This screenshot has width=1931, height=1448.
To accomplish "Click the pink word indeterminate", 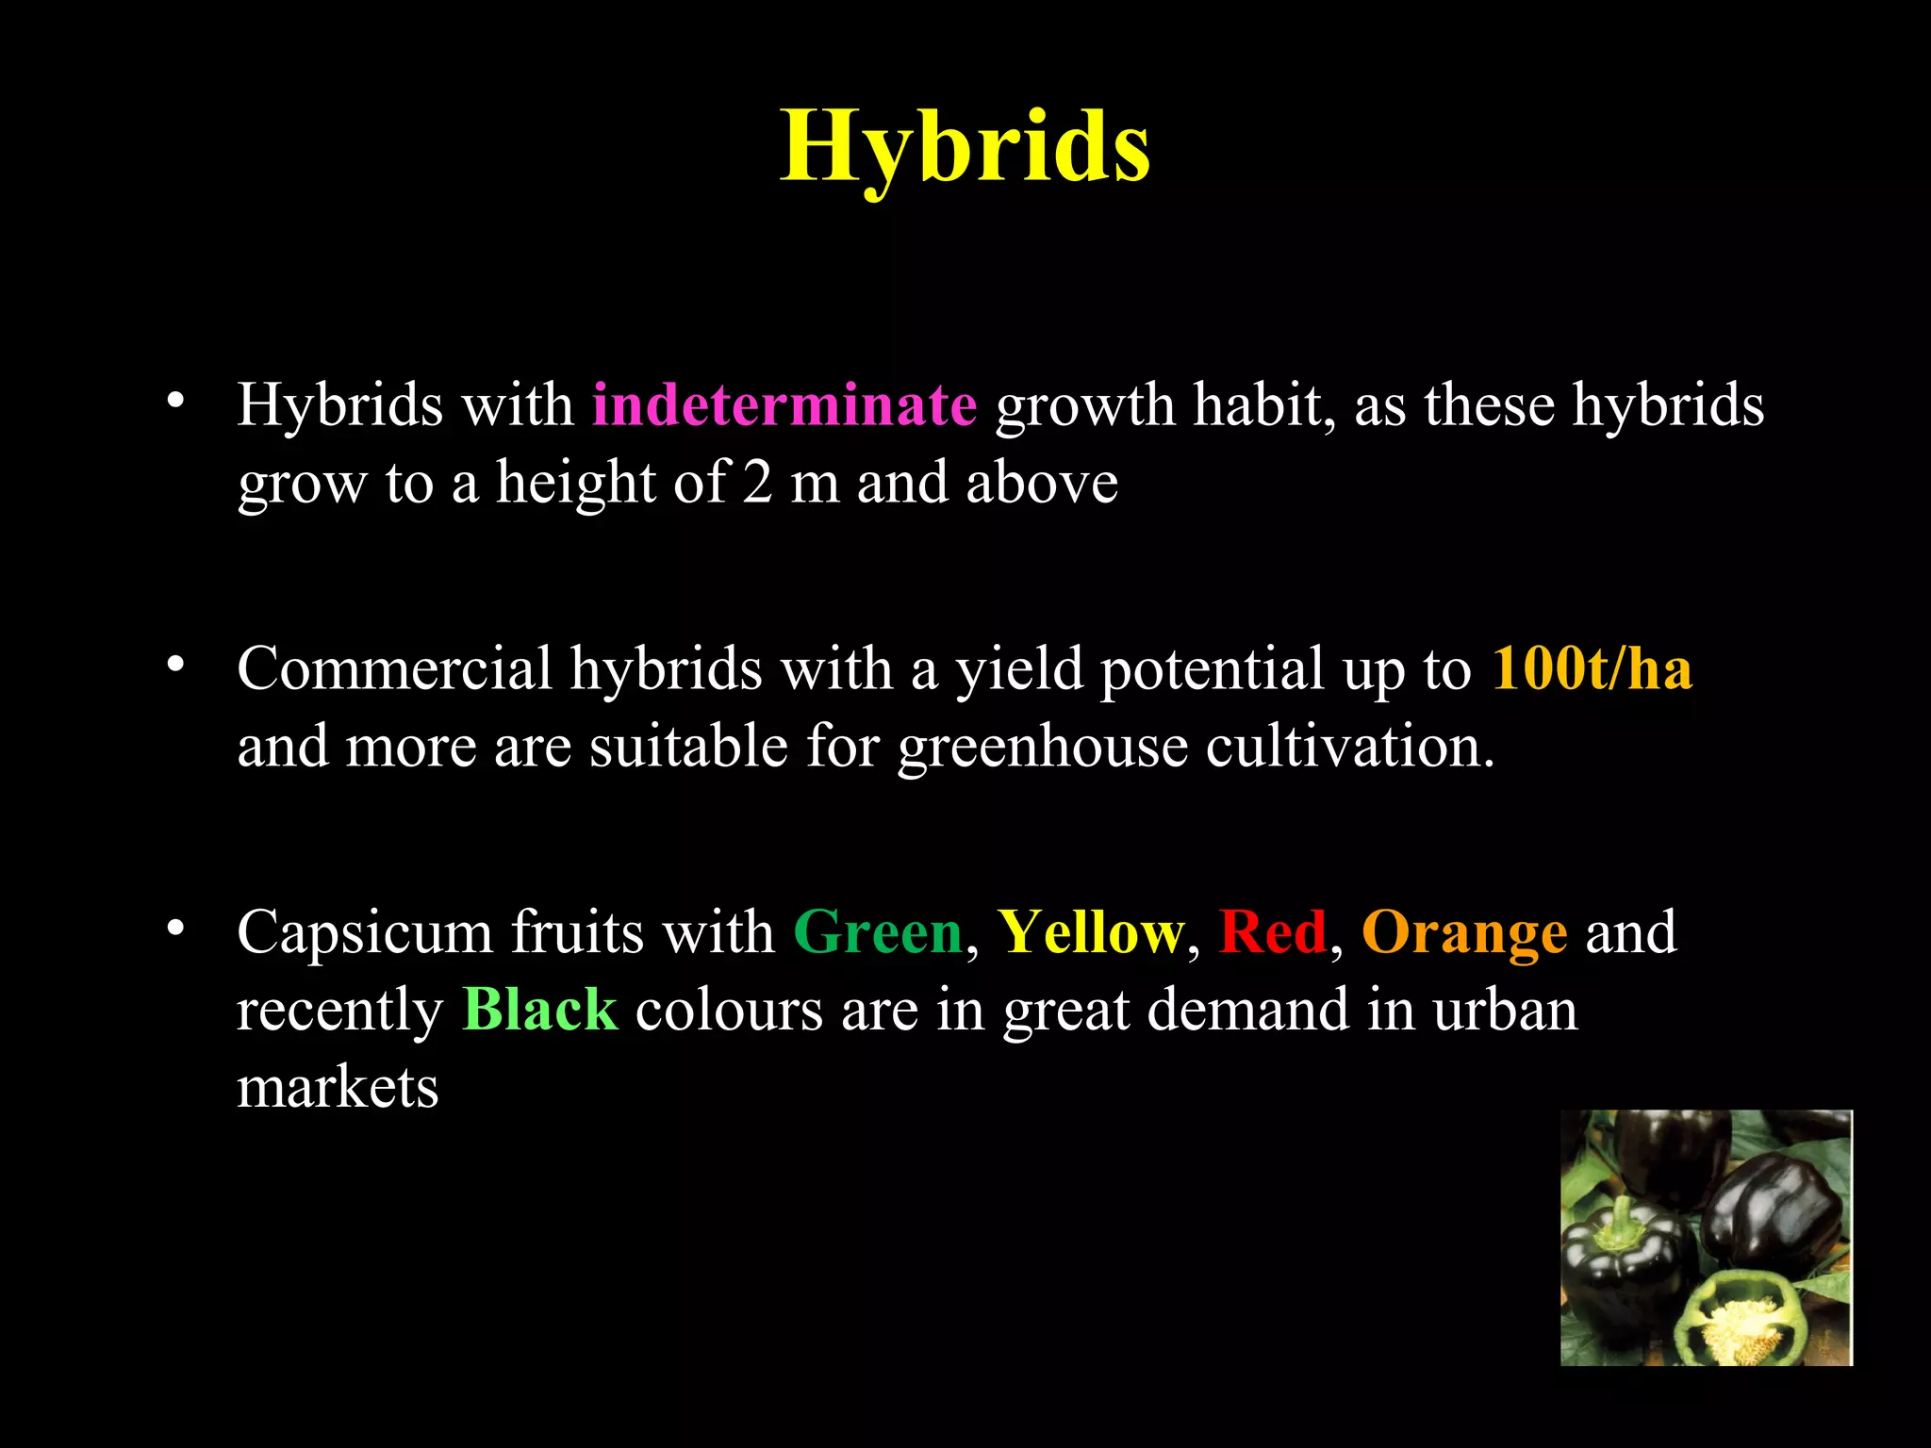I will pos(784,405).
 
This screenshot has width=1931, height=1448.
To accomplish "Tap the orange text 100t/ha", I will pos(1592,669).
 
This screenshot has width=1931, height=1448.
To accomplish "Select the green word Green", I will pos(878,933).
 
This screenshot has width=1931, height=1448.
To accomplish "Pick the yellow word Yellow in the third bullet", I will pos(1090,933).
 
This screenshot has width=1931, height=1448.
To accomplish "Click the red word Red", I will pos(1272,933).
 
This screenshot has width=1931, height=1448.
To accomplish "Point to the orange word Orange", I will pos(1464,933).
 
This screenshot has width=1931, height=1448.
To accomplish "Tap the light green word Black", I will pos(540,1011).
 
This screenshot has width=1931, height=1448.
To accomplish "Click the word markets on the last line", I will pos(338,1088).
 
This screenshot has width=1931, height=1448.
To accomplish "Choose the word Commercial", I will pos(394,669).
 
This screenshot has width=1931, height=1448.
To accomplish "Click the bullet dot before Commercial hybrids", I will pos(174,666).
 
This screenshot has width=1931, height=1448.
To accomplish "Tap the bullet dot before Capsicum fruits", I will pos(174,930).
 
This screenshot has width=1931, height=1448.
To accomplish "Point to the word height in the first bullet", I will pos(575,483).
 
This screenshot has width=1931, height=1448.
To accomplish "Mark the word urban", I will pos(1505,1011).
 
